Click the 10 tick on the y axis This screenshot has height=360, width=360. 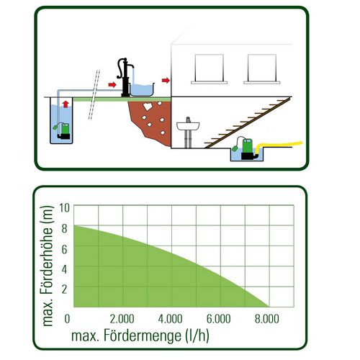(x=64, y=208)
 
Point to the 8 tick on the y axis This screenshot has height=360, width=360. (x=64, y=228)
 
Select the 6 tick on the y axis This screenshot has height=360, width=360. (x=64, y=249)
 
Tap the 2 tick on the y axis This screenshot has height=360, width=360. (x=64, y=289)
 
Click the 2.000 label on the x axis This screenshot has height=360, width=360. (x=122, y=319)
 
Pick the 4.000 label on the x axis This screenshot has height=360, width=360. (x=170, y=319)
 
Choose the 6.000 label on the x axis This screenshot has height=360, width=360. (x=219, y=319)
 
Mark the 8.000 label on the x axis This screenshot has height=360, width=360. (x=267, y=319)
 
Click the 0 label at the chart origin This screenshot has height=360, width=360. (x=67, y=319)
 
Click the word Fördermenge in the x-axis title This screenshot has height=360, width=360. (x=143, y=336)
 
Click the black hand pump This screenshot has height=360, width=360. (x=125, y=77)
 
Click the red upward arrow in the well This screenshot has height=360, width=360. (x=66, y=104)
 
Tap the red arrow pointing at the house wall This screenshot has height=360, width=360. (x=166, y=80)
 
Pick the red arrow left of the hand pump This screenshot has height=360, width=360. (x=112, y=84)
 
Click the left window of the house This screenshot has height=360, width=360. (x=210, y=69)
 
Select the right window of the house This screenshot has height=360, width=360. (x=262, y=69)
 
